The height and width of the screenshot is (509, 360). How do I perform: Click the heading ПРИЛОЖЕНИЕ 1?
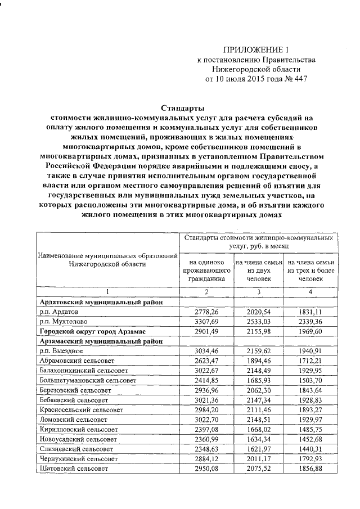(x=252, y=49)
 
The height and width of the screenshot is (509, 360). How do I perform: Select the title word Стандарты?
(x=183, y=108)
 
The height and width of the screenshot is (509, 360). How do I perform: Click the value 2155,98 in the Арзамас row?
(x=258, y=332)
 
